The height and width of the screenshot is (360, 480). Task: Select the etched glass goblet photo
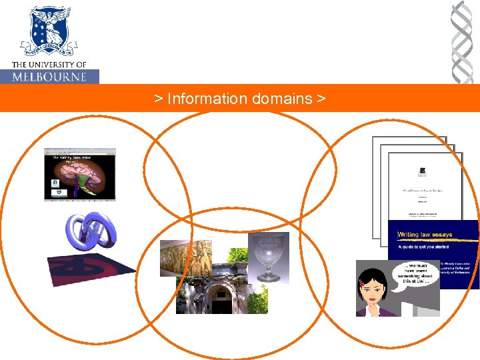(268, 257)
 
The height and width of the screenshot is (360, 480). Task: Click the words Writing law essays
(425, 235)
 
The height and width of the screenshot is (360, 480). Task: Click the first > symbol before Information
(158, 99)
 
